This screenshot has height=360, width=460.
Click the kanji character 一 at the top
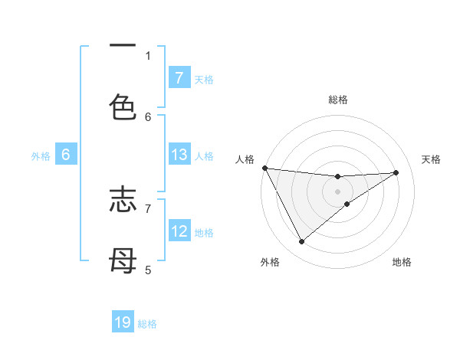(123, 47)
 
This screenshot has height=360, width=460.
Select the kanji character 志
(123, 200)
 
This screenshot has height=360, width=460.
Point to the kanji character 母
(123, 261)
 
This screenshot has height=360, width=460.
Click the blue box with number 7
(179, 77)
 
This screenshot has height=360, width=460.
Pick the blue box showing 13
(179, 155)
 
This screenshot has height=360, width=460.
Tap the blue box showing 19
(123, 322)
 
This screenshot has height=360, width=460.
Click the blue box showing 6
(66, 155)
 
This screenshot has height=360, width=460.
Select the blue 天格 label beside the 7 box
(204, 79)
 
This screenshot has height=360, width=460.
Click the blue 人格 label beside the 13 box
(204, 155)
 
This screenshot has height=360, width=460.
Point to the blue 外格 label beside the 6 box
(41, 155)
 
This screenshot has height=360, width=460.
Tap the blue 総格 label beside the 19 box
(147, 324)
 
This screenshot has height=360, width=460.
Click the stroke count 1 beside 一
(148, 55)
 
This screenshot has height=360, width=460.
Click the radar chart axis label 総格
(337, 100)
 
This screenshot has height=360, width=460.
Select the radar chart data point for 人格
(264, 168)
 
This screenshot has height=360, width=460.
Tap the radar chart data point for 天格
(396, 172)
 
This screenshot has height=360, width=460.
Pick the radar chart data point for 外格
(301, 242)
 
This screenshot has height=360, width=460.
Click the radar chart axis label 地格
(402, 262)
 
